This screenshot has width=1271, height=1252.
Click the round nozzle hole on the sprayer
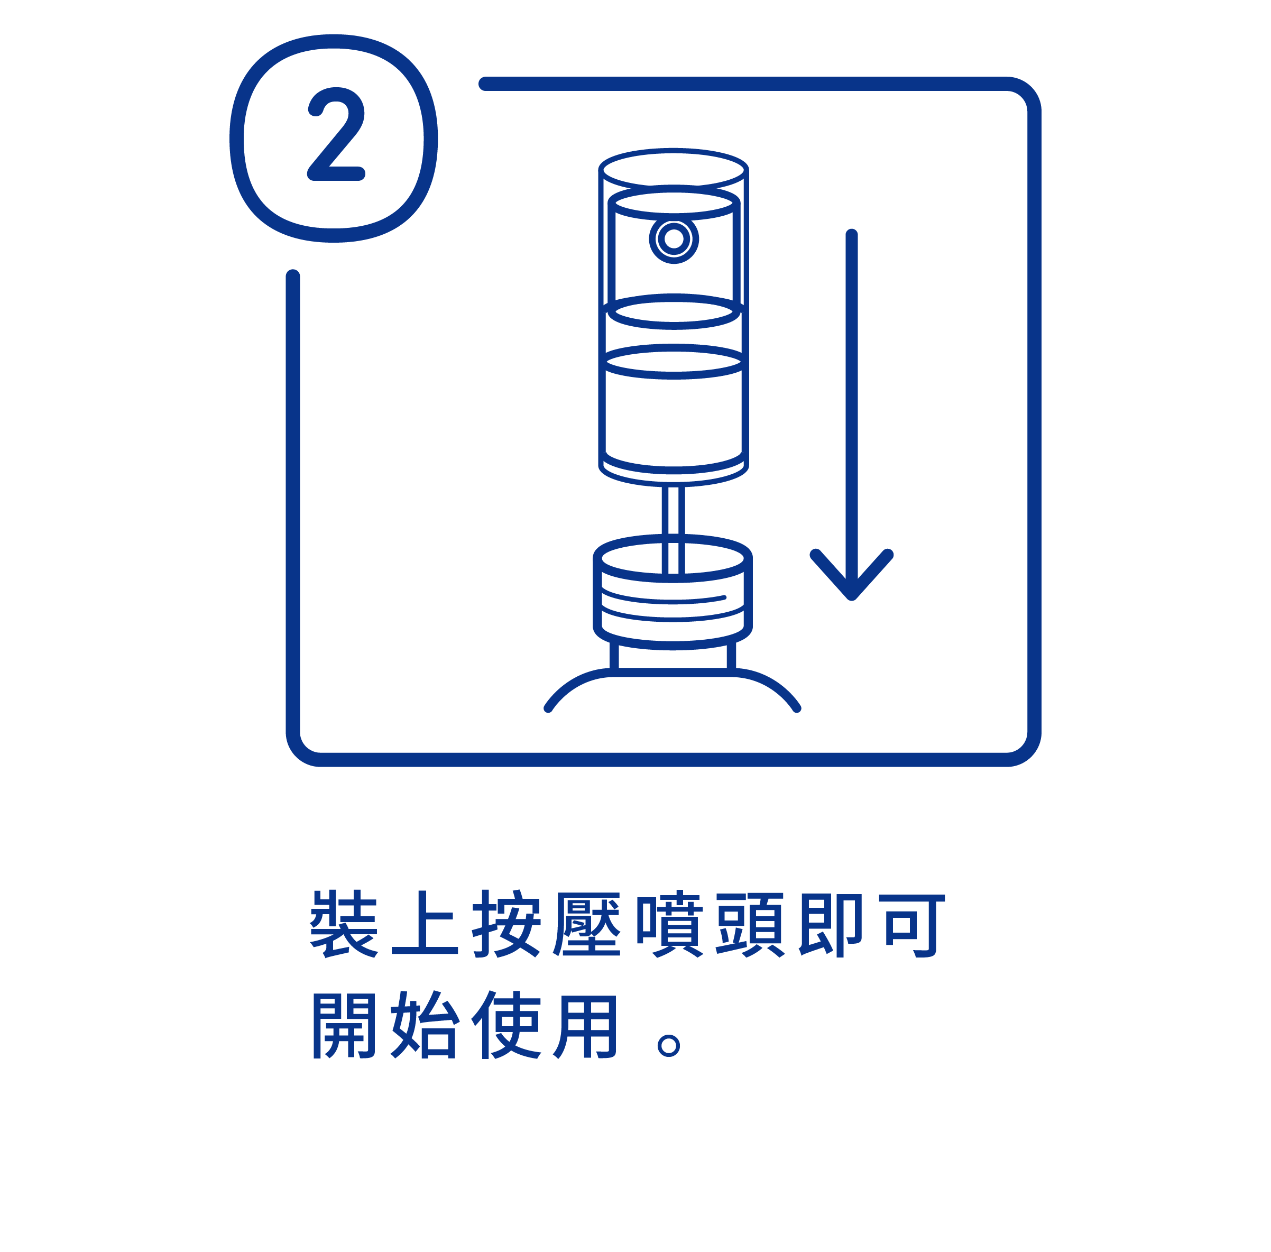point(674,238)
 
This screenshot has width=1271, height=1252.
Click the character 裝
point(343,923)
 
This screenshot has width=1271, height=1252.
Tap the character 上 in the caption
point(424,923)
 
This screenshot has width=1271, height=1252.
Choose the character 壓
point(587,923)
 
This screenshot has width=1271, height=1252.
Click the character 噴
point(669,923)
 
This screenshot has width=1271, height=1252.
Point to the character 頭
point(750,923)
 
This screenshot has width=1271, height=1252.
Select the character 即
point(830,923)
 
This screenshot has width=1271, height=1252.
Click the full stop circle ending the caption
point(668,1045)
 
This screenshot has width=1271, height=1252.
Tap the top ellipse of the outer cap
point(674,170)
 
